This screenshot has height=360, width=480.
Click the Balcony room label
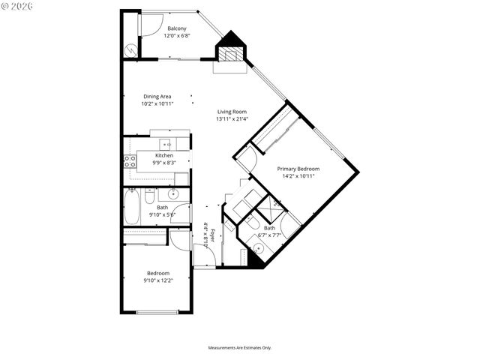[178, 28]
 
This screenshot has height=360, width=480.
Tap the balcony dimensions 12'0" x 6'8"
[178, 35]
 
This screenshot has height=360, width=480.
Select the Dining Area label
[157, 96]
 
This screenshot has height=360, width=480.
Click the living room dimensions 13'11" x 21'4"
[232, 118]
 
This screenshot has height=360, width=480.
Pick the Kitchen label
[164, 155]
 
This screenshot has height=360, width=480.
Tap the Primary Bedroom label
[298, 169]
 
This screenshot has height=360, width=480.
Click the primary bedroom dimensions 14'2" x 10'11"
[298, 176]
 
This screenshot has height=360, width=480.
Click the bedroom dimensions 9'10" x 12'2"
[157, 280]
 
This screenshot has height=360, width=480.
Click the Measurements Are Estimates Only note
[239, 347]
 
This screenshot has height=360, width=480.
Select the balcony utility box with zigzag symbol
[132, 49]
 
